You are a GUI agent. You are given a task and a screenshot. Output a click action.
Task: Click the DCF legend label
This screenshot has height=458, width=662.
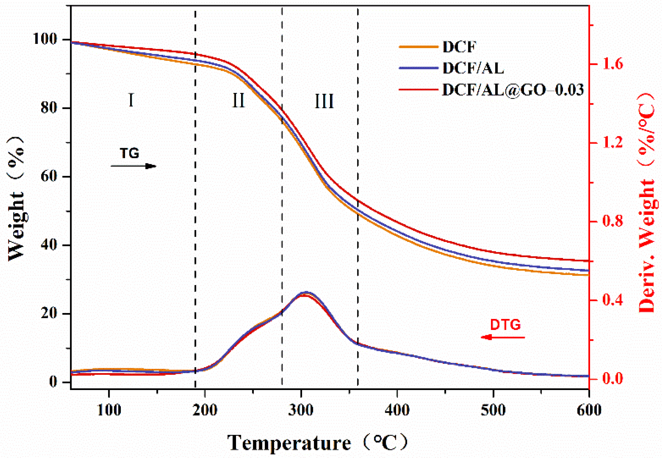pos(459,47)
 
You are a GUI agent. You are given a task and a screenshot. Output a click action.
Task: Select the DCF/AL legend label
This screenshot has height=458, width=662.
pos(473,68)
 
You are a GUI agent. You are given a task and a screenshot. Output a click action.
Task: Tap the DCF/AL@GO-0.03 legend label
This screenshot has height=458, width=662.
pos(513,90)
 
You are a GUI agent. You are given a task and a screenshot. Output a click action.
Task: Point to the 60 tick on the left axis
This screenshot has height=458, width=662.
pos(49,176)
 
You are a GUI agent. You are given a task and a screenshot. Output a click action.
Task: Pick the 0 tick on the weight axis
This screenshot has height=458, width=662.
pos(53,382)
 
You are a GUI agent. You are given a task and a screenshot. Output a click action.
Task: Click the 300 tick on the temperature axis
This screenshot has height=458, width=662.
pos(301,410)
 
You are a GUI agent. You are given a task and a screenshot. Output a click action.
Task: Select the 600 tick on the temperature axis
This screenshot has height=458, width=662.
pos(589,410)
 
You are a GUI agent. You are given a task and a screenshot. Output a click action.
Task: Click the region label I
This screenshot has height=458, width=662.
pos(131,100)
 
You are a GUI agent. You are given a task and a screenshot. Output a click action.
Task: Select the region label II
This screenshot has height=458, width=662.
pos(239,101)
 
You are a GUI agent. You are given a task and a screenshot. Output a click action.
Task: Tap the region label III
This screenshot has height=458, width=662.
pos(324,101)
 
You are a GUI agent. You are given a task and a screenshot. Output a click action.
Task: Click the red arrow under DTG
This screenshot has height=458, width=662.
pos(503,337)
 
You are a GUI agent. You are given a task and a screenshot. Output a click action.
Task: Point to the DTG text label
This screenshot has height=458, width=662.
pos(505,325)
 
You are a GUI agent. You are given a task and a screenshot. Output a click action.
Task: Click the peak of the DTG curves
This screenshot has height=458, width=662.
pos(306,293)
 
